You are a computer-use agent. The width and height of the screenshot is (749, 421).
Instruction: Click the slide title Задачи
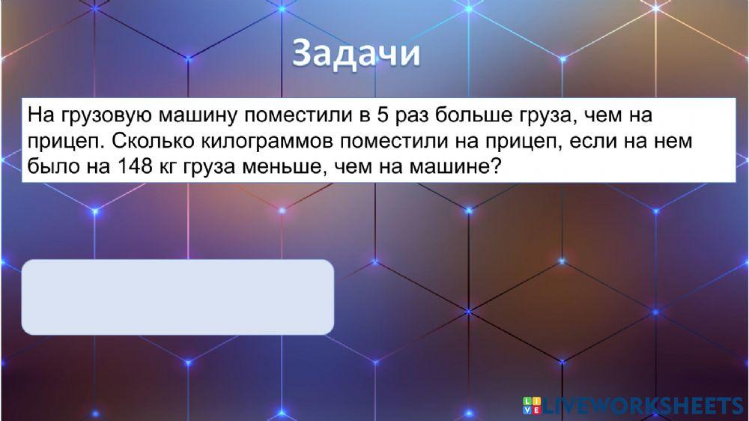coord(356,54)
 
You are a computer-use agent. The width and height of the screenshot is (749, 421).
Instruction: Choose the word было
coord(49,166)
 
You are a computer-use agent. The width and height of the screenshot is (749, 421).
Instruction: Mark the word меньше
coord(283,166)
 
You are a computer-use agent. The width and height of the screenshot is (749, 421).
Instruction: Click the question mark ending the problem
coord(494,166)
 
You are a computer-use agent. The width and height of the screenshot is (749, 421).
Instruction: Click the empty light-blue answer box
coord(177,297)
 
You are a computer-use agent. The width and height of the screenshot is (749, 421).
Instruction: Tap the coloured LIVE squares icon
coord(532,406)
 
